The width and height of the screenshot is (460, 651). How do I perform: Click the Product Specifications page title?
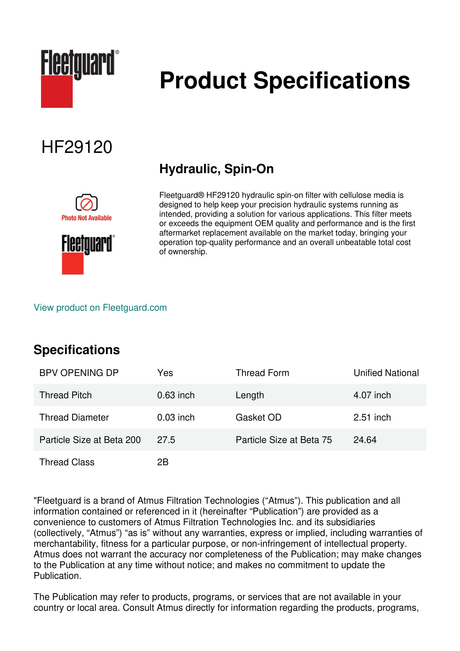(x=285, y=81)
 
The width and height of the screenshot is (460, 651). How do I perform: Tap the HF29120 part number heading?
(x=77, y=147)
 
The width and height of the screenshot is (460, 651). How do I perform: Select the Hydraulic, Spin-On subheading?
(x=216, y=169)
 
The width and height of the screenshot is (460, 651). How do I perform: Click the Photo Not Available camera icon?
(x=86, y=203)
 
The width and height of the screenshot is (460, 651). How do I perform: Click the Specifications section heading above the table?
(x=76, y=350)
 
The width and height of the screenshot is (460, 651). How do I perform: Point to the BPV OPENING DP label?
(x=79, y=373)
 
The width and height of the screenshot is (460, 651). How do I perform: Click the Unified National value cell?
(x=386, y=373)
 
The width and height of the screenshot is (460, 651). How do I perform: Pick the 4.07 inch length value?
(x=372, y=395)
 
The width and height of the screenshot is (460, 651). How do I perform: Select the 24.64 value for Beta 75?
(x=365, y=440)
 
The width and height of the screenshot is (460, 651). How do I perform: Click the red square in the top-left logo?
(x=57, y=92)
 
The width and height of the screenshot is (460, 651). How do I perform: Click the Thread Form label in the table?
(x=262, y=373)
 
